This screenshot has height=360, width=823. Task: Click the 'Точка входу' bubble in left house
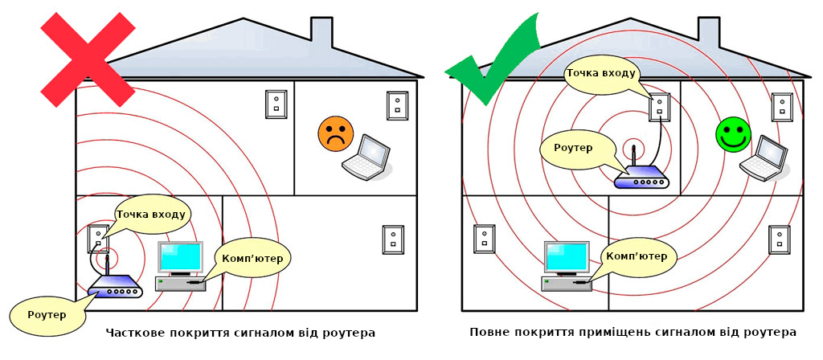tap(153, 215)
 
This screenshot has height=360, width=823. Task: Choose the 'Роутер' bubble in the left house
tap(47, 314)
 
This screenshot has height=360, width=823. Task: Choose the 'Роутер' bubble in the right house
tap(574, 149)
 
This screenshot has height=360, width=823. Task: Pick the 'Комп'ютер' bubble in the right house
tap(638, 257)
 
